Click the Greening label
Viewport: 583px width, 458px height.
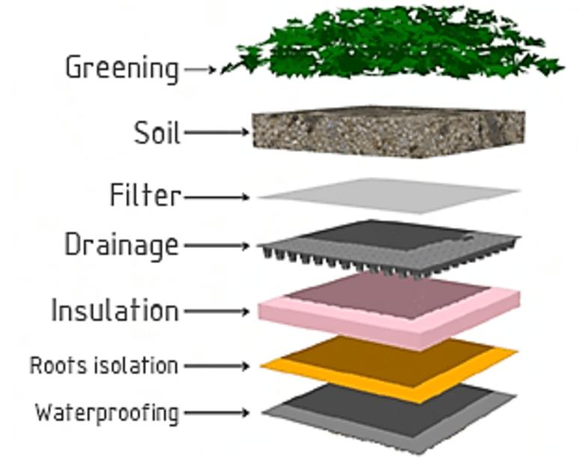click(121, 68)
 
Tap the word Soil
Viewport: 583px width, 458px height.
click(157, 133)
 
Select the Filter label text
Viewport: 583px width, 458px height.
click(145, 196)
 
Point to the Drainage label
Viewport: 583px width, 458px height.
click(121, 245)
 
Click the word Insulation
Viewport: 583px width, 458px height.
click(115, 310)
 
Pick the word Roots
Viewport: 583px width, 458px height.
click(57, 366)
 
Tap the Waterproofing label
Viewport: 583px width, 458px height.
click(107, 412)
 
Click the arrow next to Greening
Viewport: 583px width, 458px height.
click(201, 69)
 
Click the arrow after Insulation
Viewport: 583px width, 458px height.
click(217, 310)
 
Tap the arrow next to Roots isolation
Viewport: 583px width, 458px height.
click(217, 367)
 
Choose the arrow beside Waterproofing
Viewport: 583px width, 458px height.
click(217, 412)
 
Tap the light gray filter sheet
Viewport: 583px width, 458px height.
click(390, 195)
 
